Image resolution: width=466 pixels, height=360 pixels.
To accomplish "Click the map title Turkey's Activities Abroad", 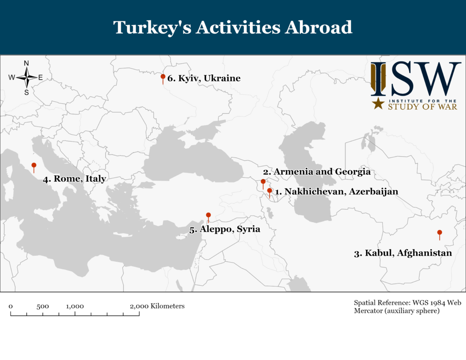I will click(x=233, y=27).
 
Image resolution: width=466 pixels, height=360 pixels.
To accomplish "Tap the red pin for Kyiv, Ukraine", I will click(x=163, y=77).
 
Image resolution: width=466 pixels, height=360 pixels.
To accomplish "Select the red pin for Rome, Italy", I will click(x=34, y=166).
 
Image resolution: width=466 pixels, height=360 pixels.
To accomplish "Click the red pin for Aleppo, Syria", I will click(x=208, y=215).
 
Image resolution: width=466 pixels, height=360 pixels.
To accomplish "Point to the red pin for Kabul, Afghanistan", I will click(x=440, y=233).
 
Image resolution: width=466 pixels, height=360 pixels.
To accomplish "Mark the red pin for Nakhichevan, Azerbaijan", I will click(x=269, y=191).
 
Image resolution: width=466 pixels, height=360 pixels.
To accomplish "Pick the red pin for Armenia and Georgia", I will click(x=263, y=182).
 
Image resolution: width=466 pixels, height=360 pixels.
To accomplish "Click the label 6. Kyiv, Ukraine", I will click(x=204, y=78).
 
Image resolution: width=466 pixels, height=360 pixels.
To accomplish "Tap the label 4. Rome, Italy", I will click(x=75, y=179).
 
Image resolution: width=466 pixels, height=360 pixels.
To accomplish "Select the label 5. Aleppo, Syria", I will click(x=225, y=229).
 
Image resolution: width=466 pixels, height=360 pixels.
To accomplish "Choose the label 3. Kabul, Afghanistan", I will click(x=403, y=253).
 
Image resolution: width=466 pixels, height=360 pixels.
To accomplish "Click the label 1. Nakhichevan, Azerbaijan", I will click(x=337, y=192).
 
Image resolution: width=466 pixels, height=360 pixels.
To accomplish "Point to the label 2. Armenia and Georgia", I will click(x=317, y=172).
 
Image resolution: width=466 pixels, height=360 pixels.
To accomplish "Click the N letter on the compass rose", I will click(x=26, y=63).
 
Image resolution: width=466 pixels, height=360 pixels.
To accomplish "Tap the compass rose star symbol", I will click(x=27, y=77).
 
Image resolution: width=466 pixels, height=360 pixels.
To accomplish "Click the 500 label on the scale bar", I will click(x=43, y=306).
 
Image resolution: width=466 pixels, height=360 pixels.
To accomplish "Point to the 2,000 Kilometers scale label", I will click(x=157, y=306).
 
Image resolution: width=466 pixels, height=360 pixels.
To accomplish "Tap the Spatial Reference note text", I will click(x=396, y=307).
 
